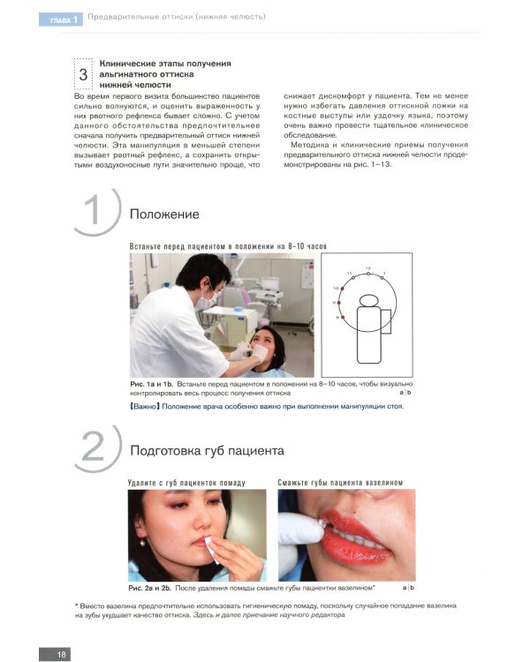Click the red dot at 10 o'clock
pos(343,289)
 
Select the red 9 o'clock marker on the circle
pos(339,303)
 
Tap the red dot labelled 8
pos(343,317)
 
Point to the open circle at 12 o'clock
pos(368,274)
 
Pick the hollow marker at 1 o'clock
pos(382,277)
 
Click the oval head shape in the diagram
pos(368,301)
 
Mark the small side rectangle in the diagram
pos(385,321)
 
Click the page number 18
pos(62,654)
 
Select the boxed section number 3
pos(83,74)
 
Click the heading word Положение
pos(164,214)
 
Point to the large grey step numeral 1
pos(93,210)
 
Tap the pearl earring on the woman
pos(143,543)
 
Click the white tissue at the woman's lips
pos(212,549)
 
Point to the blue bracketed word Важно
pos(145,407)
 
